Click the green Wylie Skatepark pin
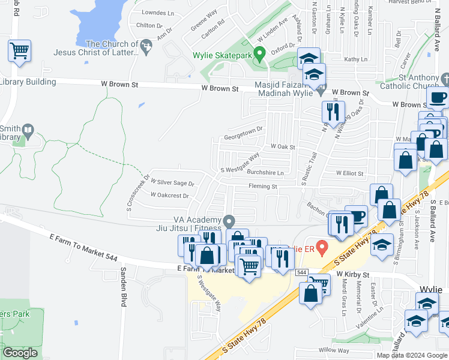coord(259,54)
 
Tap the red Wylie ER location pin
coord(322,247)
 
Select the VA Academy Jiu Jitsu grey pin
coord(229,222)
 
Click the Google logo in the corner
coord(20,353)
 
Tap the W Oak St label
coord(283,146)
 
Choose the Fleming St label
coord(263,187)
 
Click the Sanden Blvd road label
coord(123,287)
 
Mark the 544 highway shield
coord(301,272)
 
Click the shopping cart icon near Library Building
coord(20,50)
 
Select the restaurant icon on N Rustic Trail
coord(333,112)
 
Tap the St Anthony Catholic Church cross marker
coord(445,79)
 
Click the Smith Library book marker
coord(28,130)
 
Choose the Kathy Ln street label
coord(355,59)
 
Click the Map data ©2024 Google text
coord(412,355)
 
